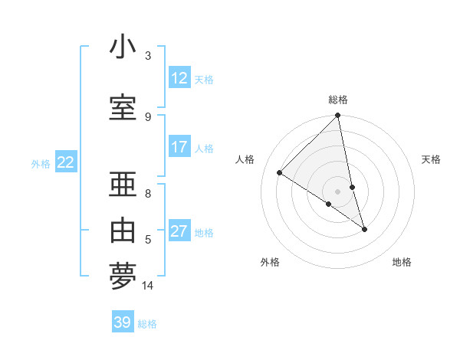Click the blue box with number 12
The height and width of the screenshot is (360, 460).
pyautogui.click(x=179, y=78)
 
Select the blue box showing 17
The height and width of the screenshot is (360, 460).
pyautogui.click(x=179, y=147)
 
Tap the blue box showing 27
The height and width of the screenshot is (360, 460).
pyautogui.click(x=179, y=231)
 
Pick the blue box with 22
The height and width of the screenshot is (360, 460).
pyautogui.click(x=66, y=162)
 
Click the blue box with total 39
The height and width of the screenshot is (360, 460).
pyautogui.click(x=123, y=322)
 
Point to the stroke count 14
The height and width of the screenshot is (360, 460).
pyautogui.click(x=148, y=286)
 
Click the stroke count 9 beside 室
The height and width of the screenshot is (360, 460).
pyautogui.click(x=148, y=116)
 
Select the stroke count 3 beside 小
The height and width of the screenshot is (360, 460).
pyautogui.click(x=148, y=56)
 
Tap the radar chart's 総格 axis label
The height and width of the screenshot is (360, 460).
pyautogui.click(x=338, y=100)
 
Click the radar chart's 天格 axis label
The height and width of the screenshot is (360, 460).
pyautogui.click(x=432, y=159)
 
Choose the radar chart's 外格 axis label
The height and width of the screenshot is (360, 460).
pyautogui.click(x=270, y=262)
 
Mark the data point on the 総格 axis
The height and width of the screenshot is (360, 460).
pyautogui.click(x=338, y=116)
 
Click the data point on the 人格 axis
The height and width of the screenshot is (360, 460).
pyautogui.click(x=280, y=173)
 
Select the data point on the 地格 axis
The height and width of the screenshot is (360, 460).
pyautogui.click(x=364, y=229)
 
